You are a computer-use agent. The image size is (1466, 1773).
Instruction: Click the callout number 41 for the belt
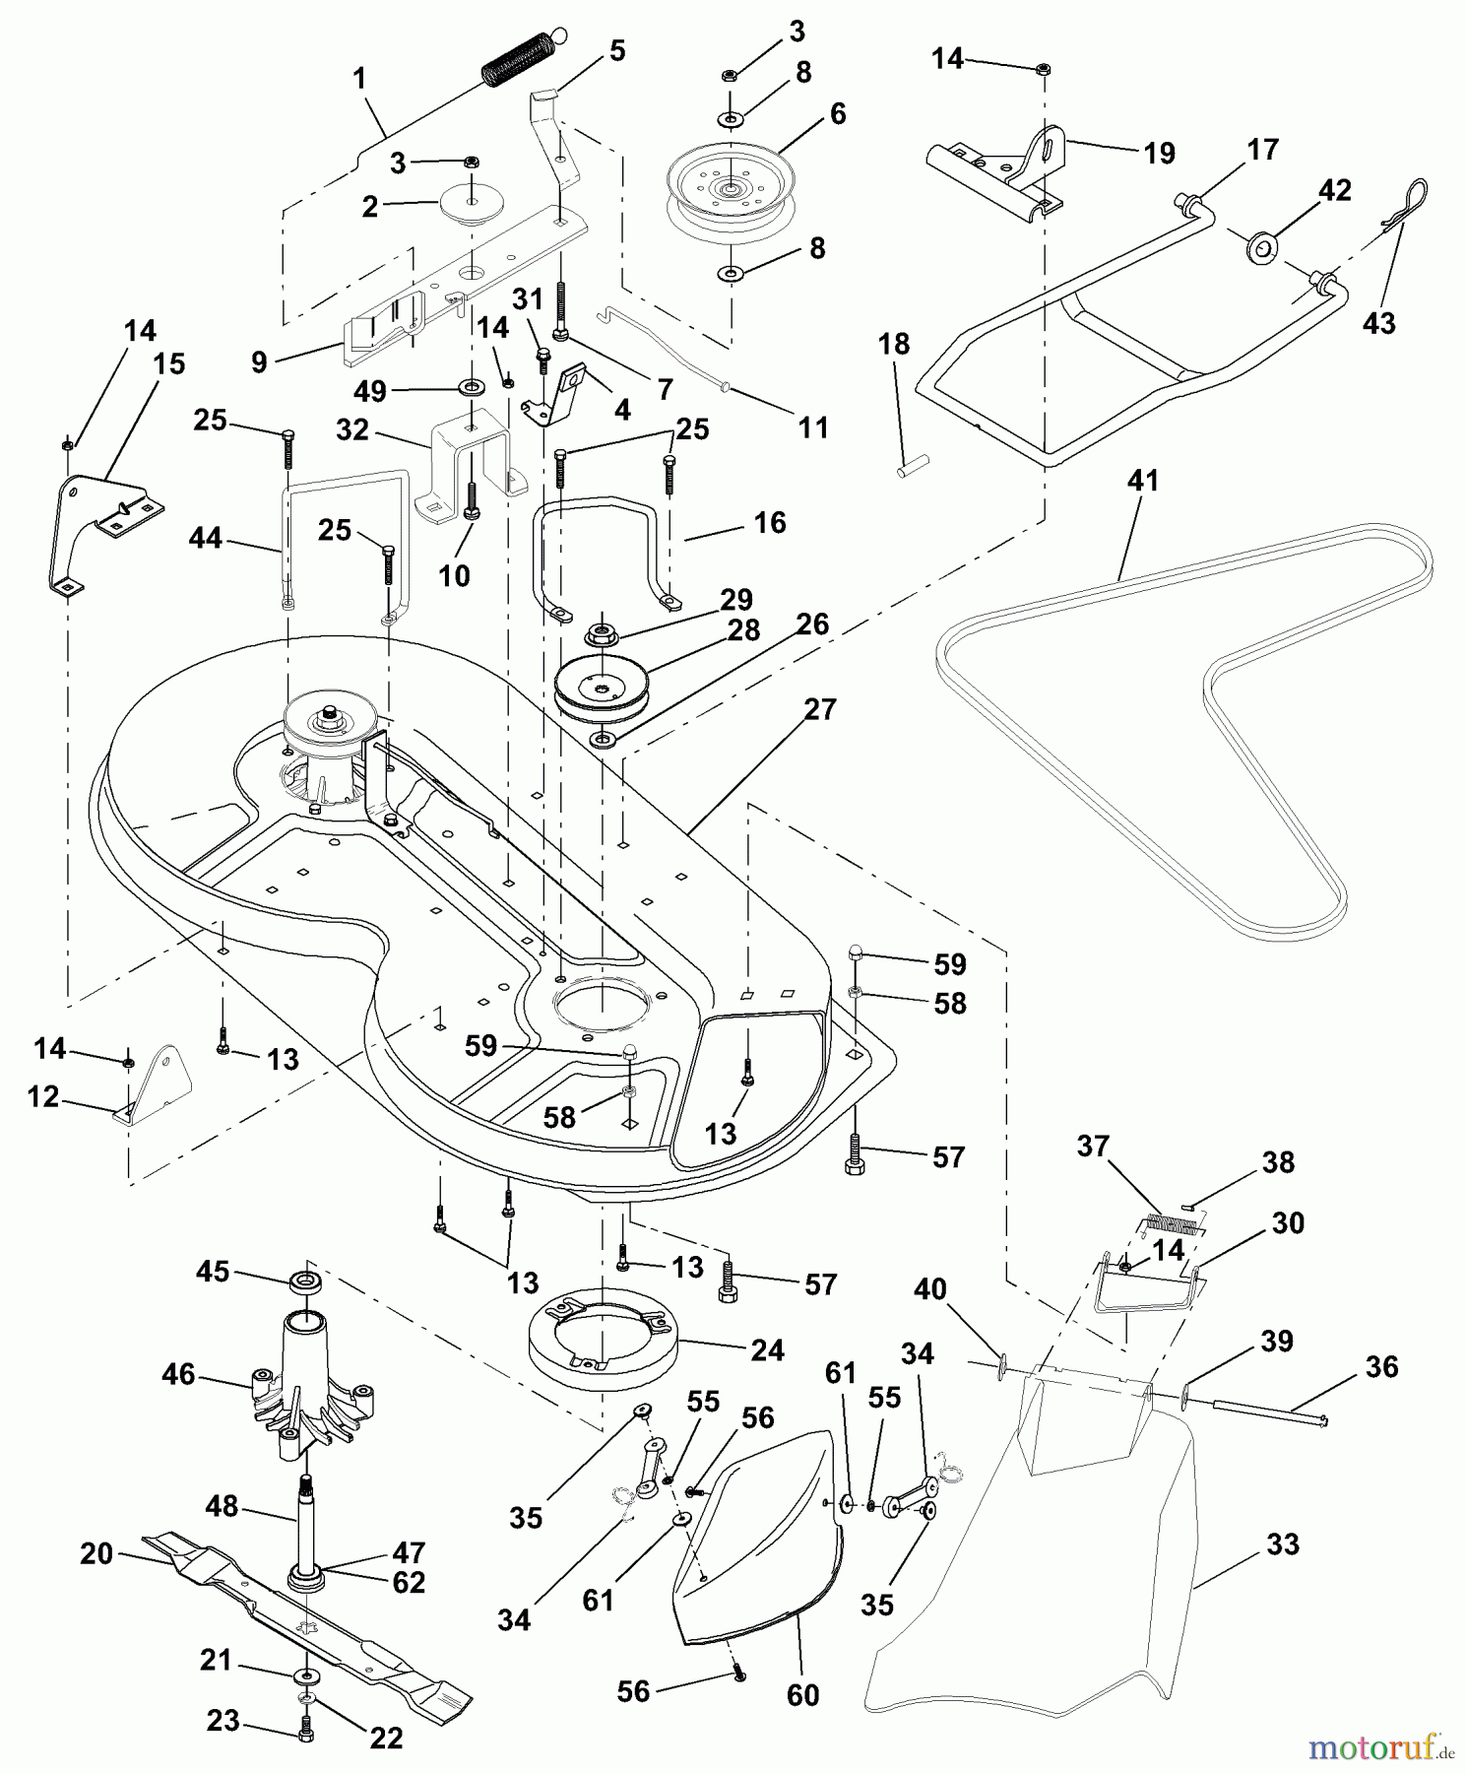point(1143,482)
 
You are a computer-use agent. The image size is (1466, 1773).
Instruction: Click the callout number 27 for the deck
point(819,709)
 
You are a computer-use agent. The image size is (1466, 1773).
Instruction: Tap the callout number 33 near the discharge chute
point(1282,1544)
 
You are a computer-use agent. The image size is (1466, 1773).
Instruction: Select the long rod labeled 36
point(1270,1412)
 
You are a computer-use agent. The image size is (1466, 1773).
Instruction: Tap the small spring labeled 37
point(1171,1225)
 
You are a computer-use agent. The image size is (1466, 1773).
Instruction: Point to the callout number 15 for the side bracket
point(169,363)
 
